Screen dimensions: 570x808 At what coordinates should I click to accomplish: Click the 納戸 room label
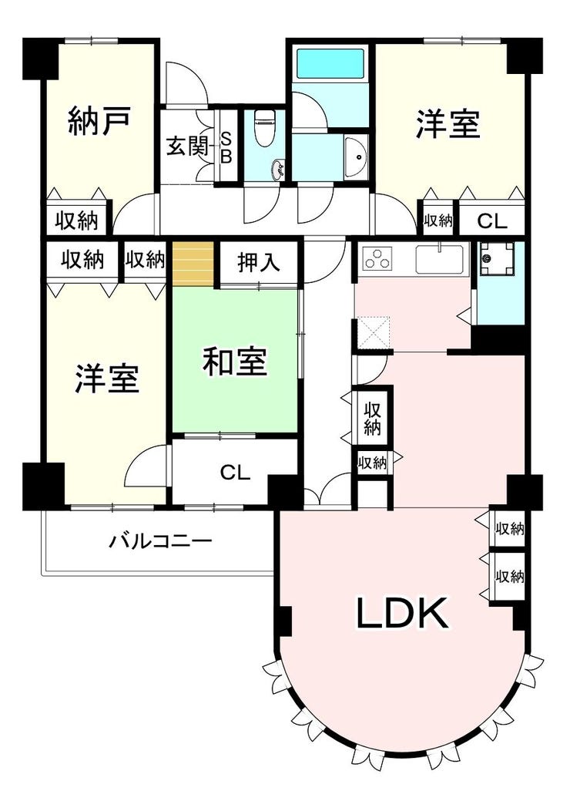pos(98,120)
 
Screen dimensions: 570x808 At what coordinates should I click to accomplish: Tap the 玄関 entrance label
pos(186,146)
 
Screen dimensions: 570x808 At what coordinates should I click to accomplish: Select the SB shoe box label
pos(226,146)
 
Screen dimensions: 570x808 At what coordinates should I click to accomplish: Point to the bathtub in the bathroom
pos(330,64)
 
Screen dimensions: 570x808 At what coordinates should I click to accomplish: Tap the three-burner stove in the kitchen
pos(377,259)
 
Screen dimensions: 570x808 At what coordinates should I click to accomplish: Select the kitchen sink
pos(441,259)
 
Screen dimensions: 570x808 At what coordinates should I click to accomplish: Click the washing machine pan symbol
pos(497,259)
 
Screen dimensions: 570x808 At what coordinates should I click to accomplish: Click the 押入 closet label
pos(259,262)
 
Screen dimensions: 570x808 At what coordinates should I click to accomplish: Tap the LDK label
pos(402,613)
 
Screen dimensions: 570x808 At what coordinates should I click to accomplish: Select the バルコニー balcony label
pos(160,541)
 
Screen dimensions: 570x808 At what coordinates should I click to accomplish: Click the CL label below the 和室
pos(235,472)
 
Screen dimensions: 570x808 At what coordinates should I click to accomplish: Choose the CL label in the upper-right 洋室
pos(491,221)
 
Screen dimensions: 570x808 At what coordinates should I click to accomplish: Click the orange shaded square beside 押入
pos(193,264)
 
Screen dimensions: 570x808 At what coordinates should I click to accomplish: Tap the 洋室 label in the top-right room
pos(448,124)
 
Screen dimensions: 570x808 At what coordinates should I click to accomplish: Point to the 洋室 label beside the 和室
pos(106,379)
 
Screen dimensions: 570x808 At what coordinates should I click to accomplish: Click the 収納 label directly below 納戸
pos(77,221)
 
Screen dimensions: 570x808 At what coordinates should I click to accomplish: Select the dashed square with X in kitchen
pos(374,334)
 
